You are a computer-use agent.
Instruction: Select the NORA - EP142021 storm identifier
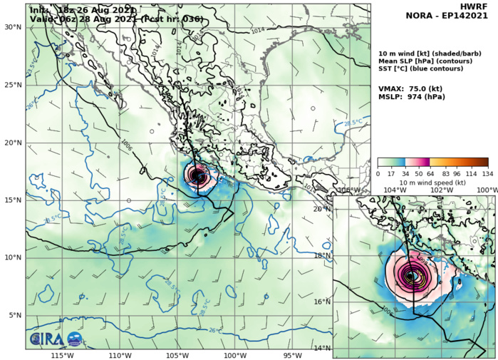pyautogui.click(x=457, y=15)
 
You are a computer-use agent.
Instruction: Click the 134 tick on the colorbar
pyautogui.click(x=488, y=173)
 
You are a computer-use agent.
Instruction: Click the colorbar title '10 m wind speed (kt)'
pyautogui.click(x=432, y=182)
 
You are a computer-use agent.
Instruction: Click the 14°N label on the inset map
pyautogui.click(x=323, y=348)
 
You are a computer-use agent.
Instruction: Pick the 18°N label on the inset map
pyautogui.click(x=323, y=255)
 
